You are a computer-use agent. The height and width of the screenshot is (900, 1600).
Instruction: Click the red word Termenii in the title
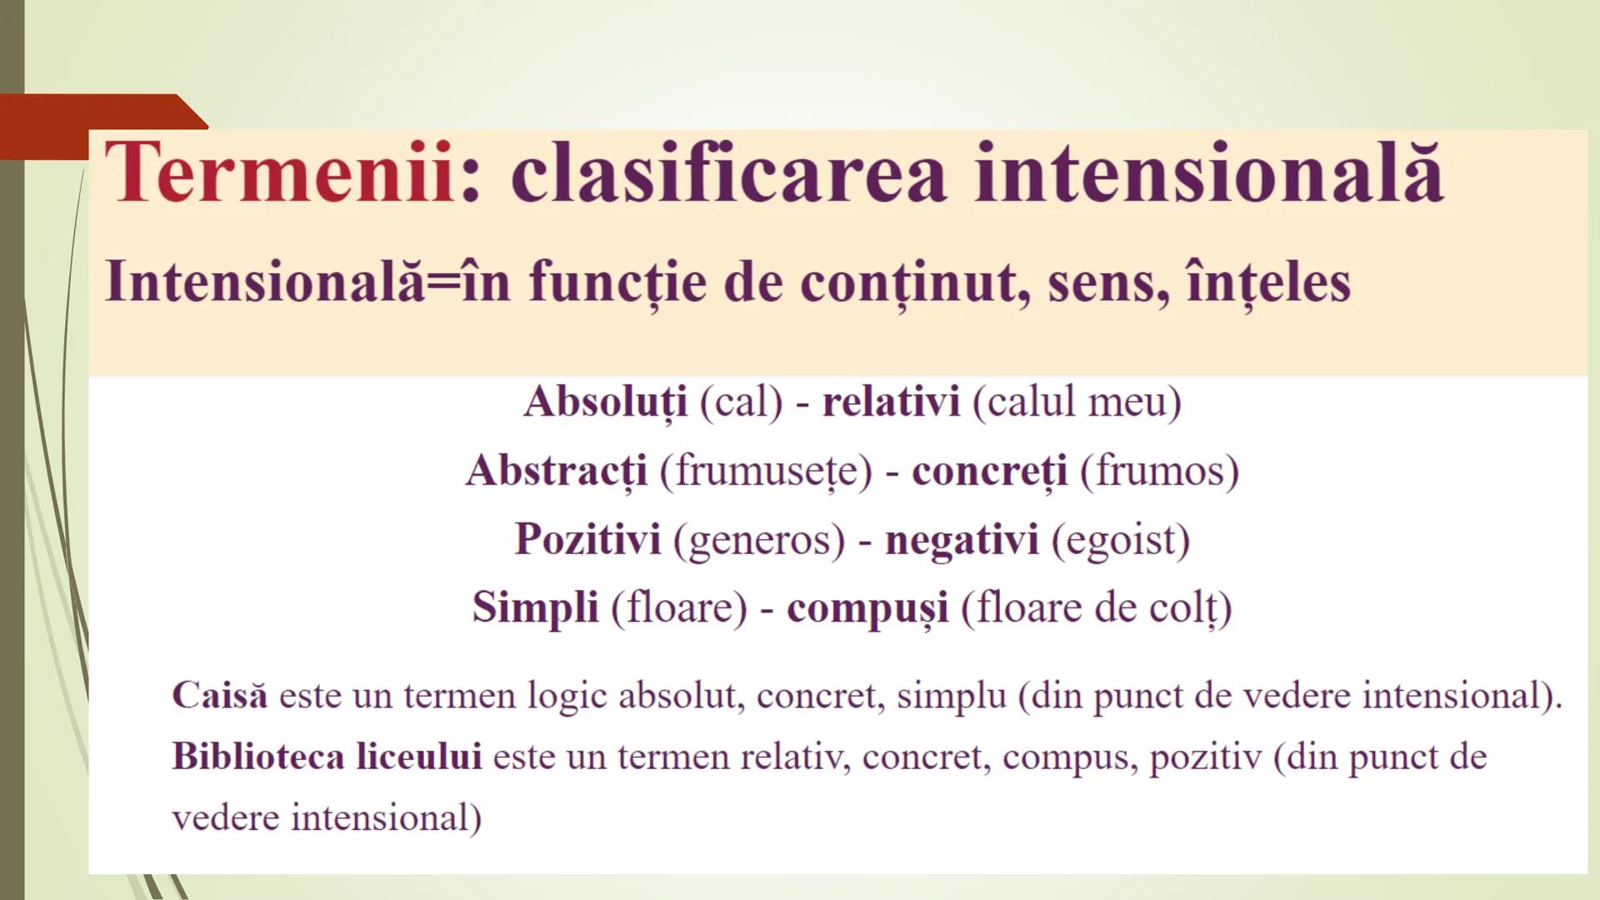point(279,172)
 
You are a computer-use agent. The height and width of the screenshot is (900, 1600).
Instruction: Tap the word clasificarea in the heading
point(728,172)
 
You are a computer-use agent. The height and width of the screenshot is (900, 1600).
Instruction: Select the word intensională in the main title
point(1208,172)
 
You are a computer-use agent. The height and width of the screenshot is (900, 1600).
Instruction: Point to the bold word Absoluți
point(606,402)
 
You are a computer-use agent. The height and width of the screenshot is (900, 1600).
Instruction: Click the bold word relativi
point(891,402)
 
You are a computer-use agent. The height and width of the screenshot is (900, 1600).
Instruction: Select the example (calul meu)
point(1077,402)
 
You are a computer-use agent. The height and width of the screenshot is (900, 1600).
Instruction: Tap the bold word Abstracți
point(557,472)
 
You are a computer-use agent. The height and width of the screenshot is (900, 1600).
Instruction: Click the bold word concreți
point(989,472)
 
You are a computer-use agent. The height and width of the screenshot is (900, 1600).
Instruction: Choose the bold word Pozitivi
point(587,539)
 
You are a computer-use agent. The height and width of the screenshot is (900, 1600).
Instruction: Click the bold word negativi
point(962,540)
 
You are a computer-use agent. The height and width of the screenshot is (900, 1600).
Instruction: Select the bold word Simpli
point(535,607)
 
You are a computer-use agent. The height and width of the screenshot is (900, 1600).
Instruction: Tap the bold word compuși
point(867,608)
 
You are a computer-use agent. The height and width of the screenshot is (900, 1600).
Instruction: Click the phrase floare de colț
point(1096,608)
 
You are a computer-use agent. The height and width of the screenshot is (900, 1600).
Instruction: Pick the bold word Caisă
point(220,695)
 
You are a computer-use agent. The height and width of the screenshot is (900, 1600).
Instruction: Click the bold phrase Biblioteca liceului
point(327,757)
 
